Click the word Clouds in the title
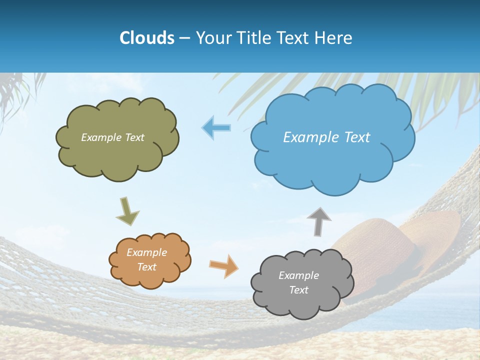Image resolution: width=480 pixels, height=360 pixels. pyautogui.click(x=147, y=38)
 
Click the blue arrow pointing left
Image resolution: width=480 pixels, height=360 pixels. pyautogui.click(x=216, y=127)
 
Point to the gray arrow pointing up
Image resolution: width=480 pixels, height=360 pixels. pyautogui.click(x=319, y=220)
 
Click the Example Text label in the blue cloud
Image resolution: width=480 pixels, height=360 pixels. pyautogui.click(x=326, y=137)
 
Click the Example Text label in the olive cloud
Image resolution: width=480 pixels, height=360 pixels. pyautogui.click(x=112, y=137)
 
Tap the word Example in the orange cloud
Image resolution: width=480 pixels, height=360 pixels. pyautogui.click(x=147, y=252)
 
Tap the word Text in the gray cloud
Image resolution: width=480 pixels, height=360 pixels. pyautogui.click(x=299, y=290)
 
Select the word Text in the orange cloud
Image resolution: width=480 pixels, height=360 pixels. pyautogui.click(x=147, y=267)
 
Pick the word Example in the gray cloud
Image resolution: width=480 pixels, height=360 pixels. pyautogui.click(x=299, y=275)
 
